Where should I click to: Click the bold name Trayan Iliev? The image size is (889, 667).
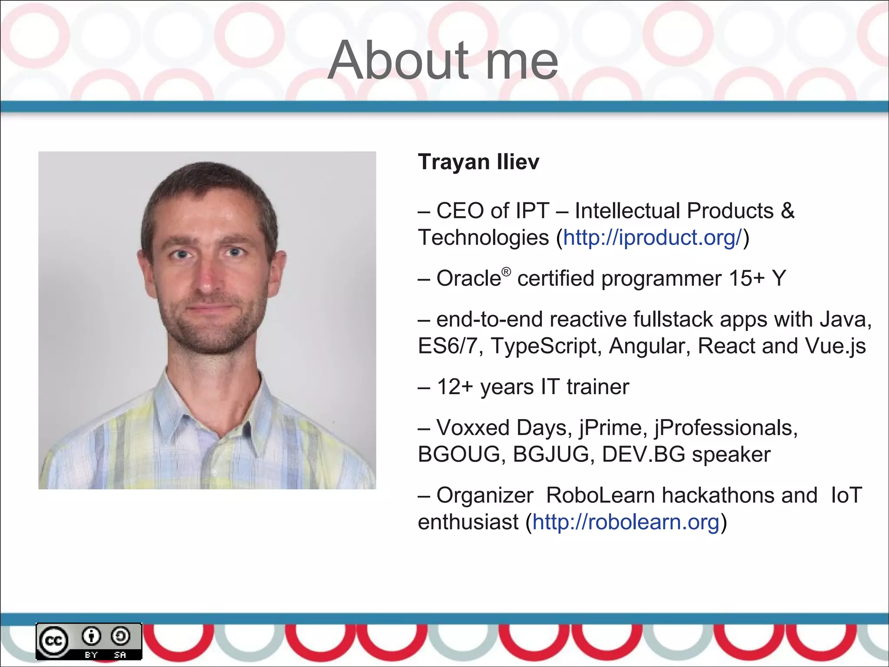click(x=478, y=162)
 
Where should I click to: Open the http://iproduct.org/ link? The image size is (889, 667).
click(x=652, y=238)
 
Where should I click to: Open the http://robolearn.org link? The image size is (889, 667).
click(x=626, y=522)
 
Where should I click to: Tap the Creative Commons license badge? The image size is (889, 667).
click(x=89, y=641)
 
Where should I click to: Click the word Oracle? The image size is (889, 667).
click(x=469, y=278)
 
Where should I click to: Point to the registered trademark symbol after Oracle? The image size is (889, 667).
click(x=506, y=272)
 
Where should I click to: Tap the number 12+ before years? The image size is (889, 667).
click(x=454, y=387)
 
